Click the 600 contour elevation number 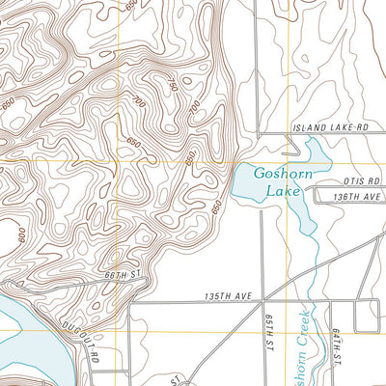click(x=20, y=234)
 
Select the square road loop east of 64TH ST click(x=368, y=316)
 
